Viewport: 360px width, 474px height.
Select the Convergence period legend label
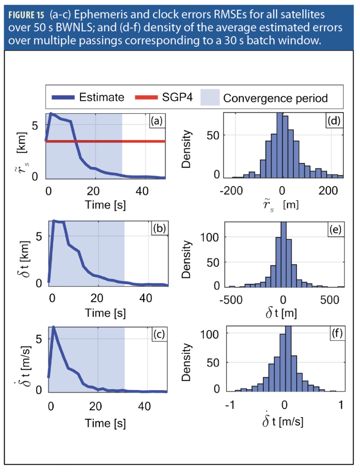point(275,98)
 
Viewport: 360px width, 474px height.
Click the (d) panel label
point(333,121)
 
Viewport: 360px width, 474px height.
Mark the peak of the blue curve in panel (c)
point(54,327)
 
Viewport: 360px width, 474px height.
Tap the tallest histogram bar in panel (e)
point(284,254)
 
